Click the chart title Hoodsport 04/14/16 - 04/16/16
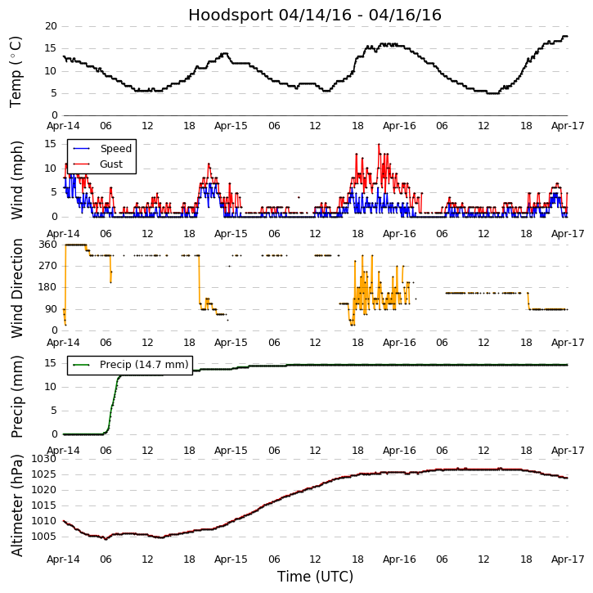pyautogui.click(x=315, y=15)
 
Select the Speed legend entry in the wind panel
pyautogui.click(x=115, y=149)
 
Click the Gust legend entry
pyautogui.click(x=111, y=164)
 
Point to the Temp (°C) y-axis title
pyautogui.click(x=16, y=71)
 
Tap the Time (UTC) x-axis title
pyautogui.click(x=315, y=577)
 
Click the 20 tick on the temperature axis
pyautogui.click(x=51, y=26)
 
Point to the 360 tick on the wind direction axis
pyautogui.click(x=47, y=245)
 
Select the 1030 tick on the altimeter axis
pyautogui.click(x=44, y=459)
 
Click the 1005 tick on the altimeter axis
pyautogui.click(x=44, y=537)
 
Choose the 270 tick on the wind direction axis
pyautogui.click(x=47, y=266)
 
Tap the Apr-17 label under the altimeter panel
pyautogui.click(x=567, y=559)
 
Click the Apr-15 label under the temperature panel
pyautogui.click(x=231, y=126)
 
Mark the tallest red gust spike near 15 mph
pyautogui.click(x=379, y=145)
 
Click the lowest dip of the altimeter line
pyautogui.click(x=106, y=539)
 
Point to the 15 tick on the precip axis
pyautogui.click(x=51, y=363)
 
